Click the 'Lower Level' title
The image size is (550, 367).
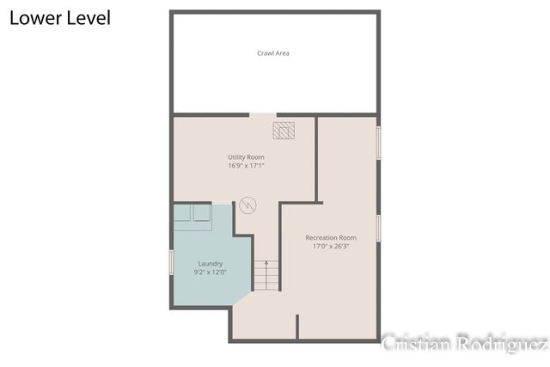coord(60,17)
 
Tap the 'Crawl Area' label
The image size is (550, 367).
coord(273,53)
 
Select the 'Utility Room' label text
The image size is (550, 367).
coord(246,157)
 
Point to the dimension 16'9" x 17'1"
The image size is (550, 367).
coord(246,167)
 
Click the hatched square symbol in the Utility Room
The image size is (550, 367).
coord(284,130)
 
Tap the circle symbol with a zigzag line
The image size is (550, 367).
coord(248,206)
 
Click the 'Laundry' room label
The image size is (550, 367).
coord(211,264)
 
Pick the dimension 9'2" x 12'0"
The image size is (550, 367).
coord(211,272)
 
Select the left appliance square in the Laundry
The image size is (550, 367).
coord(184,214)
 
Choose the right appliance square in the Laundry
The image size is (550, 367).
coord(201,214)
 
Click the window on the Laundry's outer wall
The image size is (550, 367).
coord(172,262)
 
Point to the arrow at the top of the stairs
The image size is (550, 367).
coord(266,264)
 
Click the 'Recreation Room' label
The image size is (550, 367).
coord(331,237)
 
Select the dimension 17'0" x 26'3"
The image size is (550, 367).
coord(331,247)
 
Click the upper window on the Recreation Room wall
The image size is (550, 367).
coord(378,143)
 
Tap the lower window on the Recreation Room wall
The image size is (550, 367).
coord(378,228)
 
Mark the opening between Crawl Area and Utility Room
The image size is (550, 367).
coord(263,114)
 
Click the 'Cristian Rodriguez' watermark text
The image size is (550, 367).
coord(464,344)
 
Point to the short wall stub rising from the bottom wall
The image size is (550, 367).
coord(297,327)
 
